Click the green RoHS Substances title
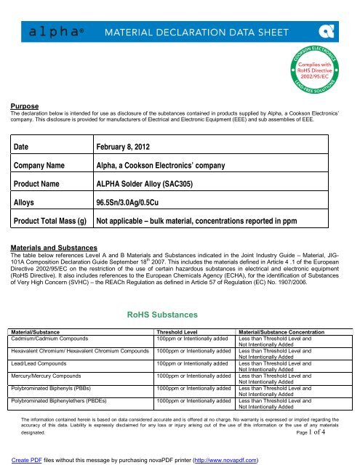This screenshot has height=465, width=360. point(180,313)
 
